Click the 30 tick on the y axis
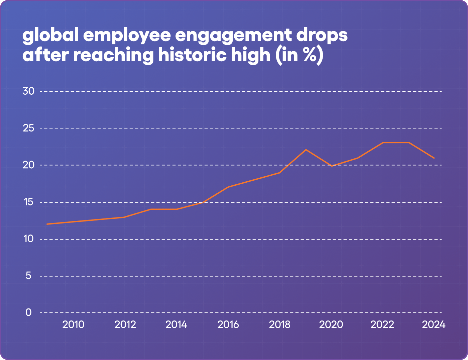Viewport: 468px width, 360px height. coord(28,91)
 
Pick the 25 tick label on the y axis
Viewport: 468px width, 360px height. coord(28,128)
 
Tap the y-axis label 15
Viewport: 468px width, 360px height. coord(28,202)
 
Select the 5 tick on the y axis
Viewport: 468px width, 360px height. coord(28,276)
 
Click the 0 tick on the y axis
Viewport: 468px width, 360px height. coord(28,312)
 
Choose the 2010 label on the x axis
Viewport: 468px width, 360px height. coord(73,325)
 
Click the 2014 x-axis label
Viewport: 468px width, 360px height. coord(177,325)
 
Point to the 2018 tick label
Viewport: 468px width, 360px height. coord(280,325)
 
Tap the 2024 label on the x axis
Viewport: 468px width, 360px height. coord(434,325)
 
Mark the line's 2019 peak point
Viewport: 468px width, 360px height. coord(306,150)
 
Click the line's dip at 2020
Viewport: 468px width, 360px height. coord(332,166)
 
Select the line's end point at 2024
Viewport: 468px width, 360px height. coord(434,158)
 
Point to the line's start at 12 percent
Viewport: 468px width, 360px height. coord(47,224)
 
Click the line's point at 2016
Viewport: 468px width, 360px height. coord(228,187)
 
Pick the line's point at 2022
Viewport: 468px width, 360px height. coord(383,143)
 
